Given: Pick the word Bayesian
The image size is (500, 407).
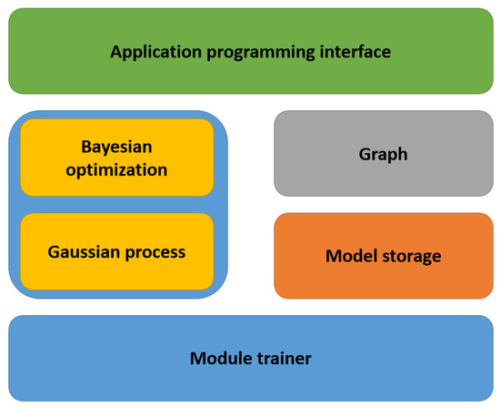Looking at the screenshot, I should click(116, 147).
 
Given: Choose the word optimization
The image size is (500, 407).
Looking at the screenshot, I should click(116, 169).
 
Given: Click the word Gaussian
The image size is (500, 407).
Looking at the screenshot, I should click(85, 252).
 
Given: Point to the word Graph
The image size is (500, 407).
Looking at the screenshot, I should click(383, 154).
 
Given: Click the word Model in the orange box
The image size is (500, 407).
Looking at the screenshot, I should click(349, 256).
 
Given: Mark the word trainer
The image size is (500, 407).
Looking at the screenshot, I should click(284, 358).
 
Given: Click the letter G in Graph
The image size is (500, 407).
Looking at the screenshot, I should click(365, 153).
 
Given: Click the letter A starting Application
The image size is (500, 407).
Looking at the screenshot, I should click(116, 51).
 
